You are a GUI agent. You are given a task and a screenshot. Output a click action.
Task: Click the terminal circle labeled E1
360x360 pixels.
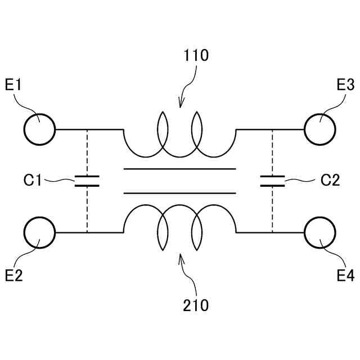pos(39,129)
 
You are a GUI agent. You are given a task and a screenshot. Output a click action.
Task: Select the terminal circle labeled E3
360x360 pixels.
pos(320,129)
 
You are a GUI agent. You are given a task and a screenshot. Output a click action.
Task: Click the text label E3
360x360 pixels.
pos(345,85)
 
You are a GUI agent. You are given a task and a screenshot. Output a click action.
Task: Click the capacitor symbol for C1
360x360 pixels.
pos(87,181)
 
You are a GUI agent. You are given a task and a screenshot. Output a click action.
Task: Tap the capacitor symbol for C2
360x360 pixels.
pos(272,181)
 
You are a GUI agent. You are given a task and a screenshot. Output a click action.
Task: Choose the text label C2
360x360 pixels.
pos(330,181)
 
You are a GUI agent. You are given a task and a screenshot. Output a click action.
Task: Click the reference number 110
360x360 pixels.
pos(196,55)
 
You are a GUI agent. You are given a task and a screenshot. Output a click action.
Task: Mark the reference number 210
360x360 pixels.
pos(196,305)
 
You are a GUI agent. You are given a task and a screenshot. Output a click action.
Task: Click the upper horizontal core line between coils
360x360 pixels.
pos(180,169)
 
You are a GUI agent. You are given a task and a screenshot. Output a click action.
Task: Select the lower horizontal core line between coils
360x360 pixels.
pos(180,192)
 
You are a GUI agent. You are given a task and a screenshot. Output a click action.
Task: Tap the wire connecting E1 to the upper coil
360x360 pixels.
pos(89,129)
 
